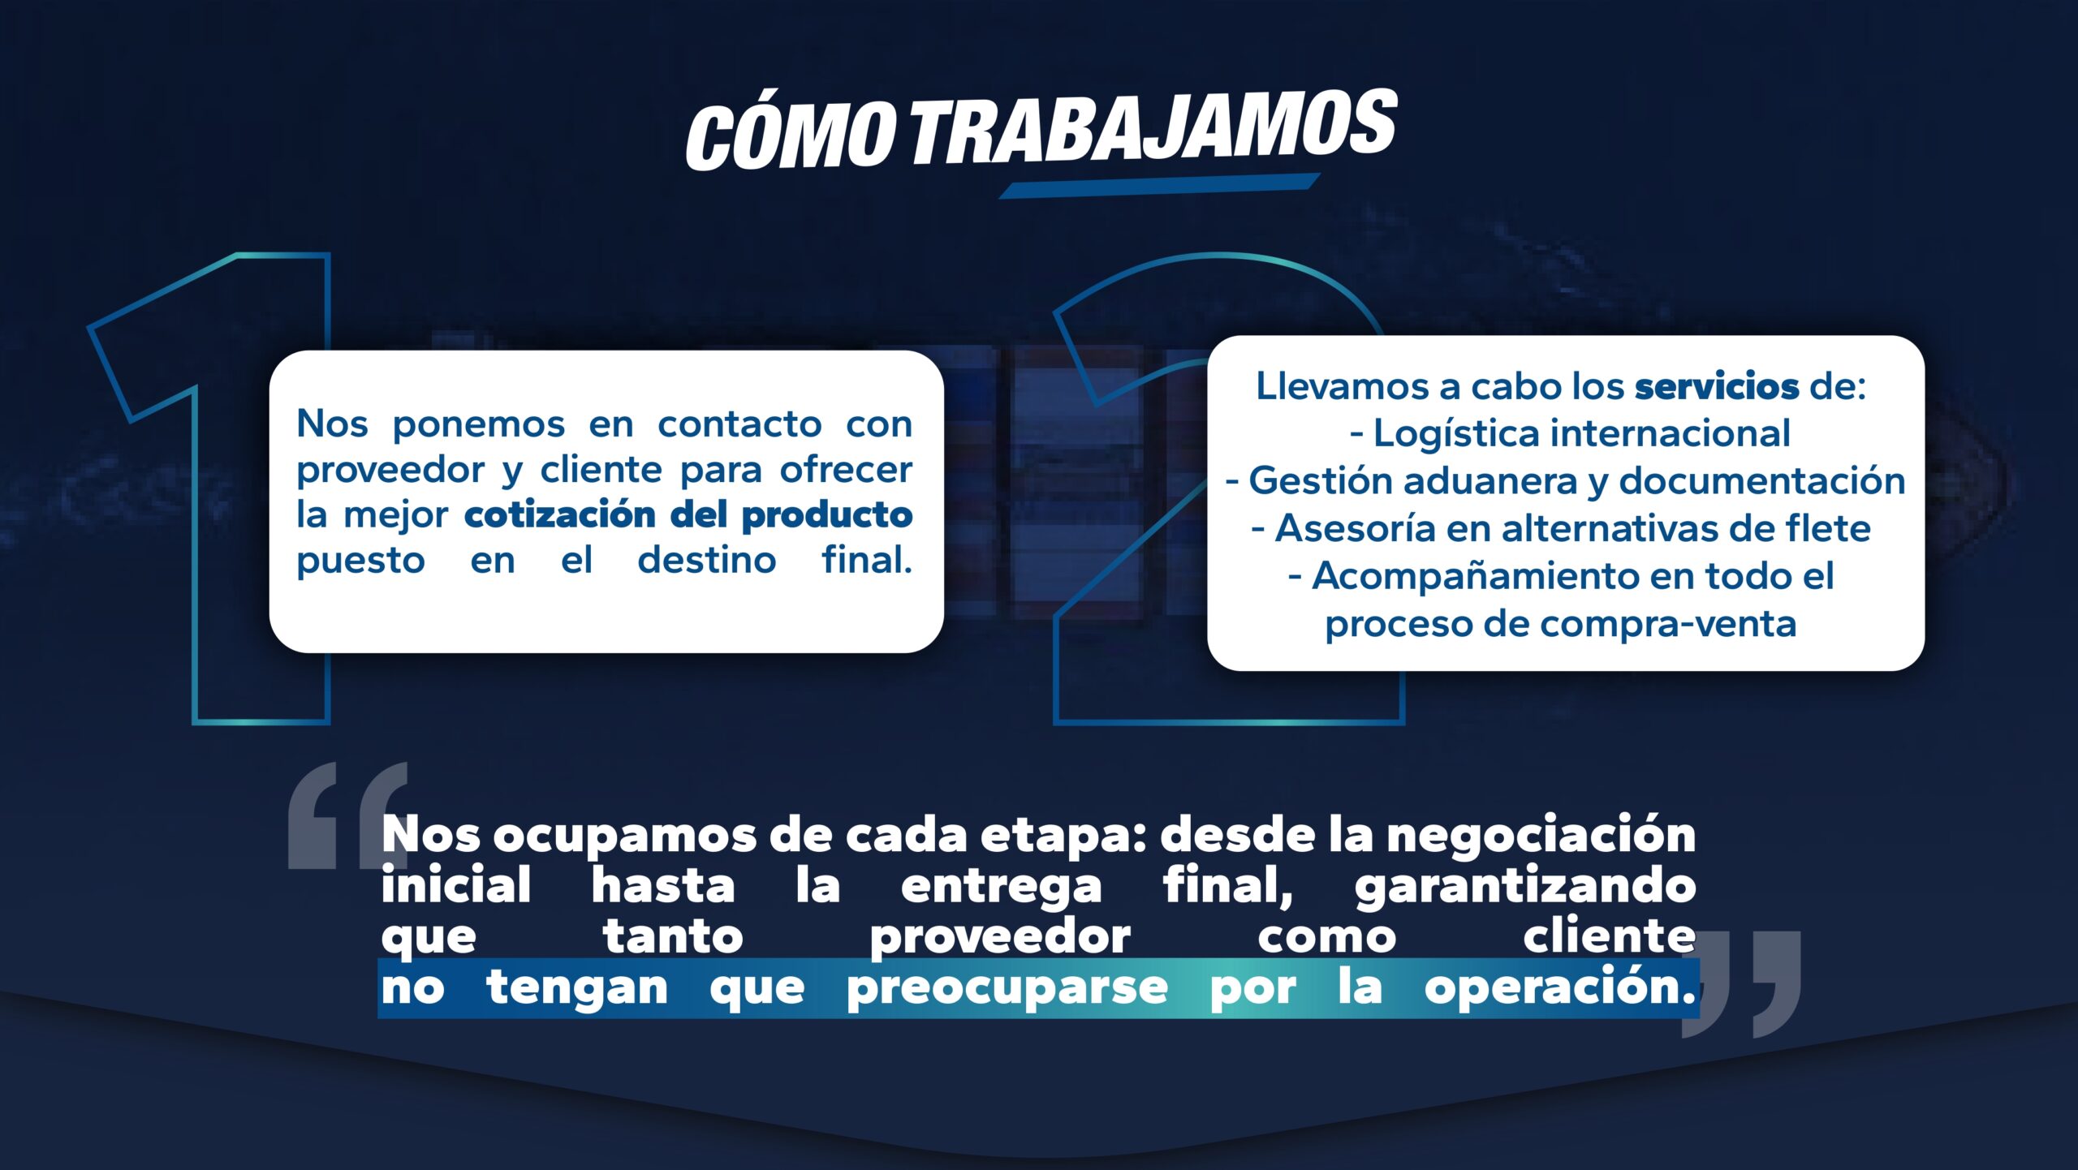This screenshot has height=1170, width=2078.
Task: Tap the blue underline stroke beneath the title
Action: [1159, 186]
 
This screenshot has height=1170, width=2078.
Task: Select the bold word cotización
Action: [559, 514]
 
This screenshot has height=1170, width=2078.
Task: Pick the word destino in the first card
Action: [706, 561]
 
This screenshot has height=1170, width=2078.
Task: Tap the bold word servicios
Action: [1717, 386]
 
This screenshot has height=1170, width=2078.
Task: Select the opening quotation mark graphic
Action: [347, 815]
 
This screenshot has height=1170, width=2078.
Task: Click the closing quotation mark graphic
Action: [1741, 983]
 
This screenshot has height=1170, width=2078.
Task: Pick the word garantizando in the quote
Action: [1525, 887]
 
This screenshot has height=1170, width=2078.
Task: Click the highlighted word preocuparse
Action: [1007, 989]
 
